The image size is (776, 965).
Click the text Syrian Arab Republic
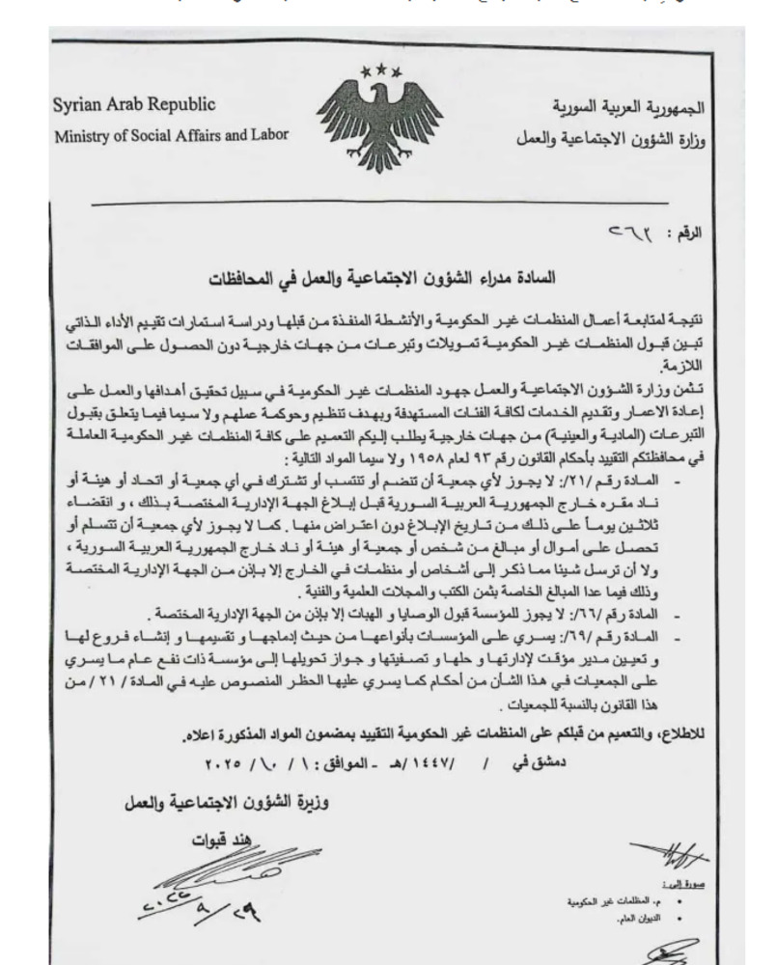point(134,104)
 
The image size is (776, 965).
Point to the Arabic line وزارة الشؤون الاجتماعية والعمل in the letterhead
point(610,136)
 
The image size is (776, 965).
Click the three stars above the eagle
point(382,71)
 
